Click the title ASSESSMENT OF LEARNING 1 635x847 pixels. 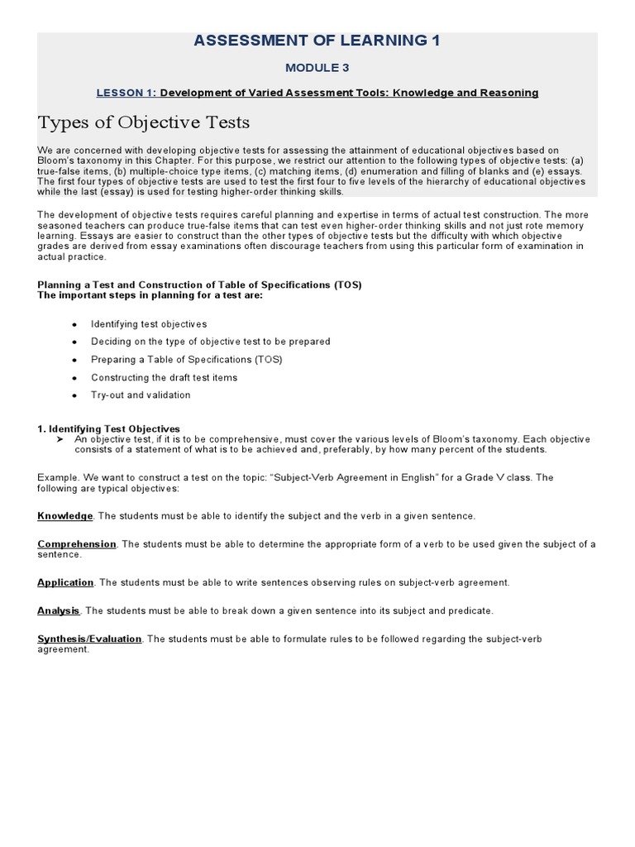[x=317, y=41]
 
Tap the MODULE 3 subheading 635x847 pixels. [x=317, y=67]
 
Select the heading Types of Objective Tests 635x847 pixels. [x=143, y=123]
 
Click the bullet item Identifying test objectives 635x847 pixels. [x=149, y=323]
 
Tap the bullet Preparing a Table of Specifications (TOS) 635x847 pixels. [x=186, y=359]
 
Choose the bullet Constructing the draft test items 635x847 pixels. [x=164, y=377]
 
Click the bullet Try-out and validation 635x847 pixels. [x=141, y=395]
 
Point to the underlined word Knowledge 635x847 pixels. [x=64, y=516]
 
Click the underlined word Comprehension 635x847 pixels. [x=77, y=543]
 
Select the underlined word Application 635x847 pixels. [x=65, y=582]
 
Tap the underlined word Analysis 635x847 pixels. [x=58, y=610]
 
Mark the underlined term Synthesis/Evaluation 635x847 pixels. [x=89, y=639]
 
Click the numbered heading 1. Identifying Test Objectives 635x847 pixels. [x=108, y=428]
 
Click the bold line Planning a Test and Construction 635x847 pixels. [x=199, y=285]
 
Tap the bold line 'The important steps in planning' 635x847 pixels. [x=150, y=294]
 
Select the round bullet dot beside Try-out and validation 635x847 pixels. [x=74, y=395]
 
